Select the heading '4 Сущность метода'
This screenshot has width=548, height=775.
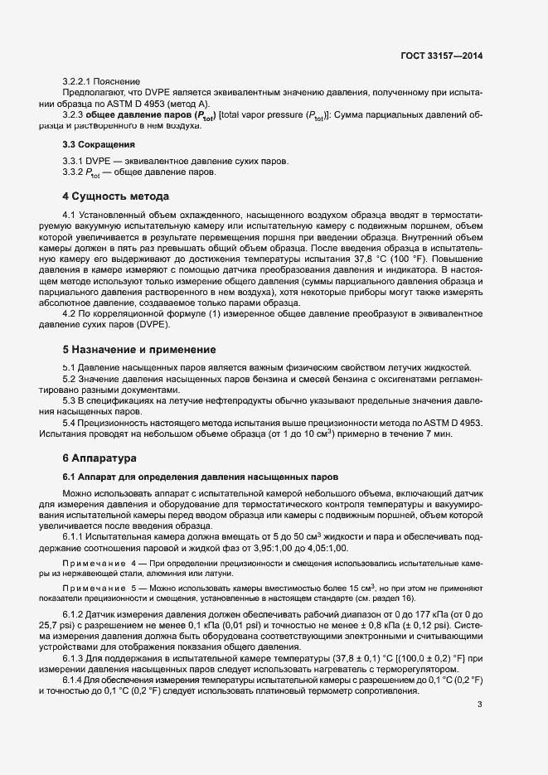point(115,196)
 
